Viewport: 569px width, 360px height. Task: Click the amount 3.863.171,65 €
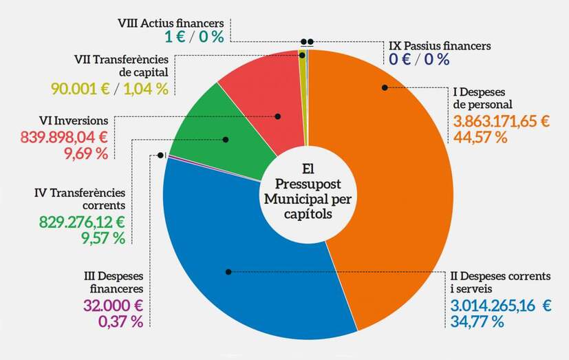[501, 122]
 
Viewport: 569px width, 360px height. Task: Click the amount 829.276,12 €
[81, 222]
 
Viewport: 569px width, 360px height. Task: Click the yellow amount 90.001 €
[79, 88]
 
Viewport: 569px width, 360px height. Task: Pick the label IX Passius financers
[440, 46]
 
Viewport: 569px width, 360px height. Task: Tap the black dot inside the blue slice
[228, 272]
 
